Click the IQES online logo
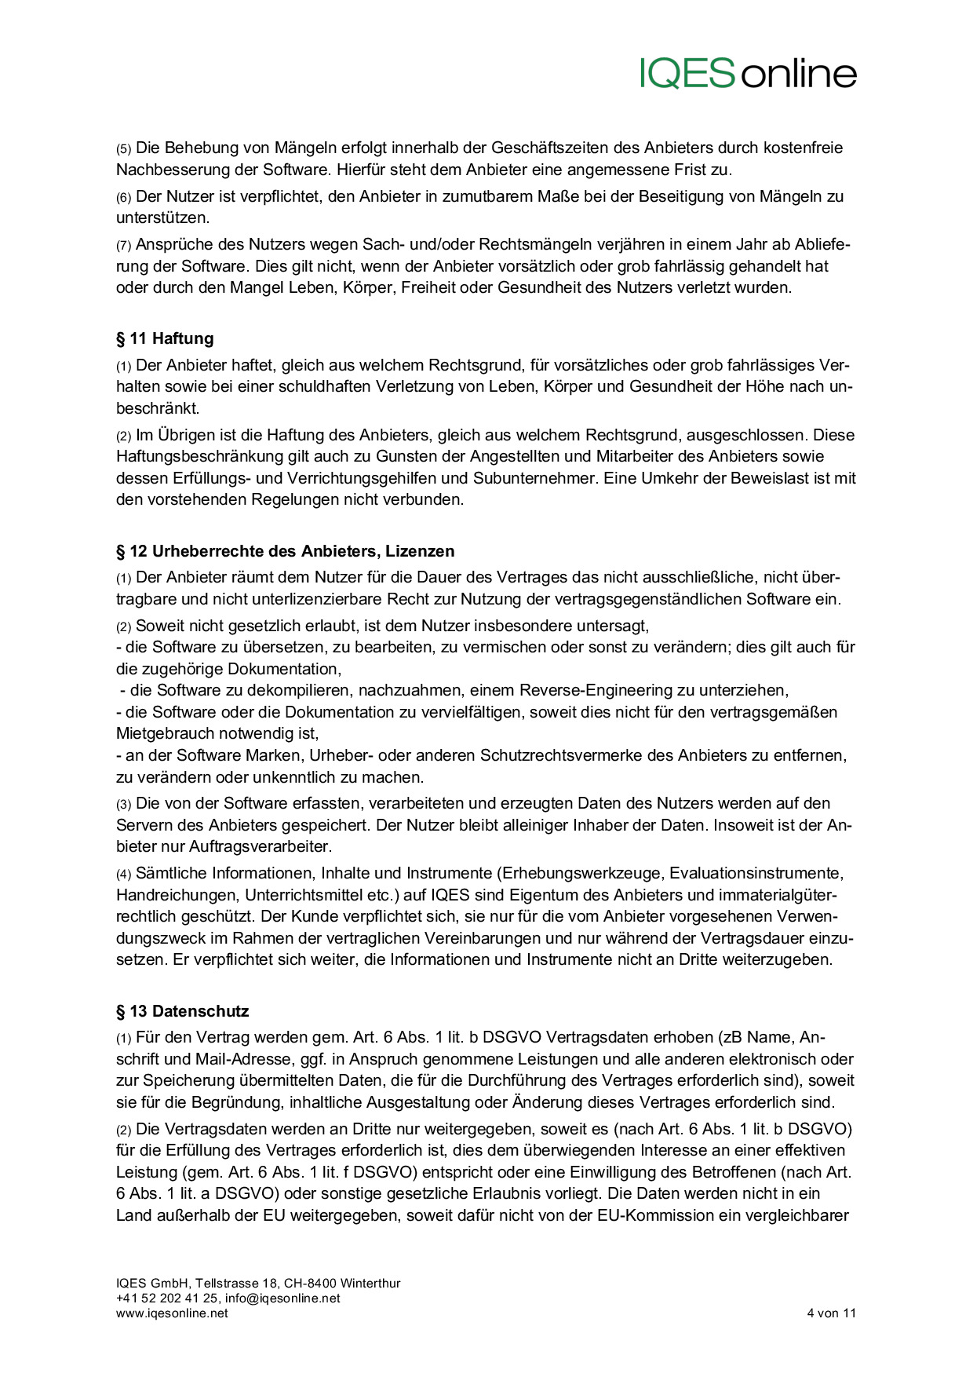(748, 73)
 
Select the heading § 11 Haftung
(165, 338)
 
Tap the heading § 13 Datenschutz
(182, 1011)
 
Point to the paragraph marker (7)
(124, 246)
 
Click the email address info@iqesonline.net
(282, 1298)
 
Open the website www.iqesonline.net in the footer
(172, 1313)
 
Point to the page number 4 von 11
(831, 1313)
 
